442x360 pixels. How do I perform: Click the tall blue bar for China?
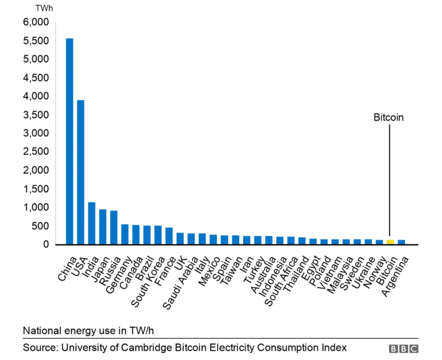tap(69, 141)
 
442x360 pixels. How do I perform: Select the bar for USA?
tap(80, 172)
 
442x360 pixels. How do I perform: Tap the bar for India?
tap(91, 223)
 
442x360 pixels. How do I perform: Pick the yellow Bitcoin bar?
tap(390, 242)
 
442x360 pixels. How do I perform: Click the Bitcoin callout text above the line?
tap(389, 117)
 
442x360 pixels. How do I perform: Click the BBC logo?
tap(404, 349)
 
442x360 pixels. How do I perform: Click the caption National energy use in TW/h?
tap(88, 330)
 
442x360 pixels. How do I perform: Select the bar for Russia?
tap(114, 227)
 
